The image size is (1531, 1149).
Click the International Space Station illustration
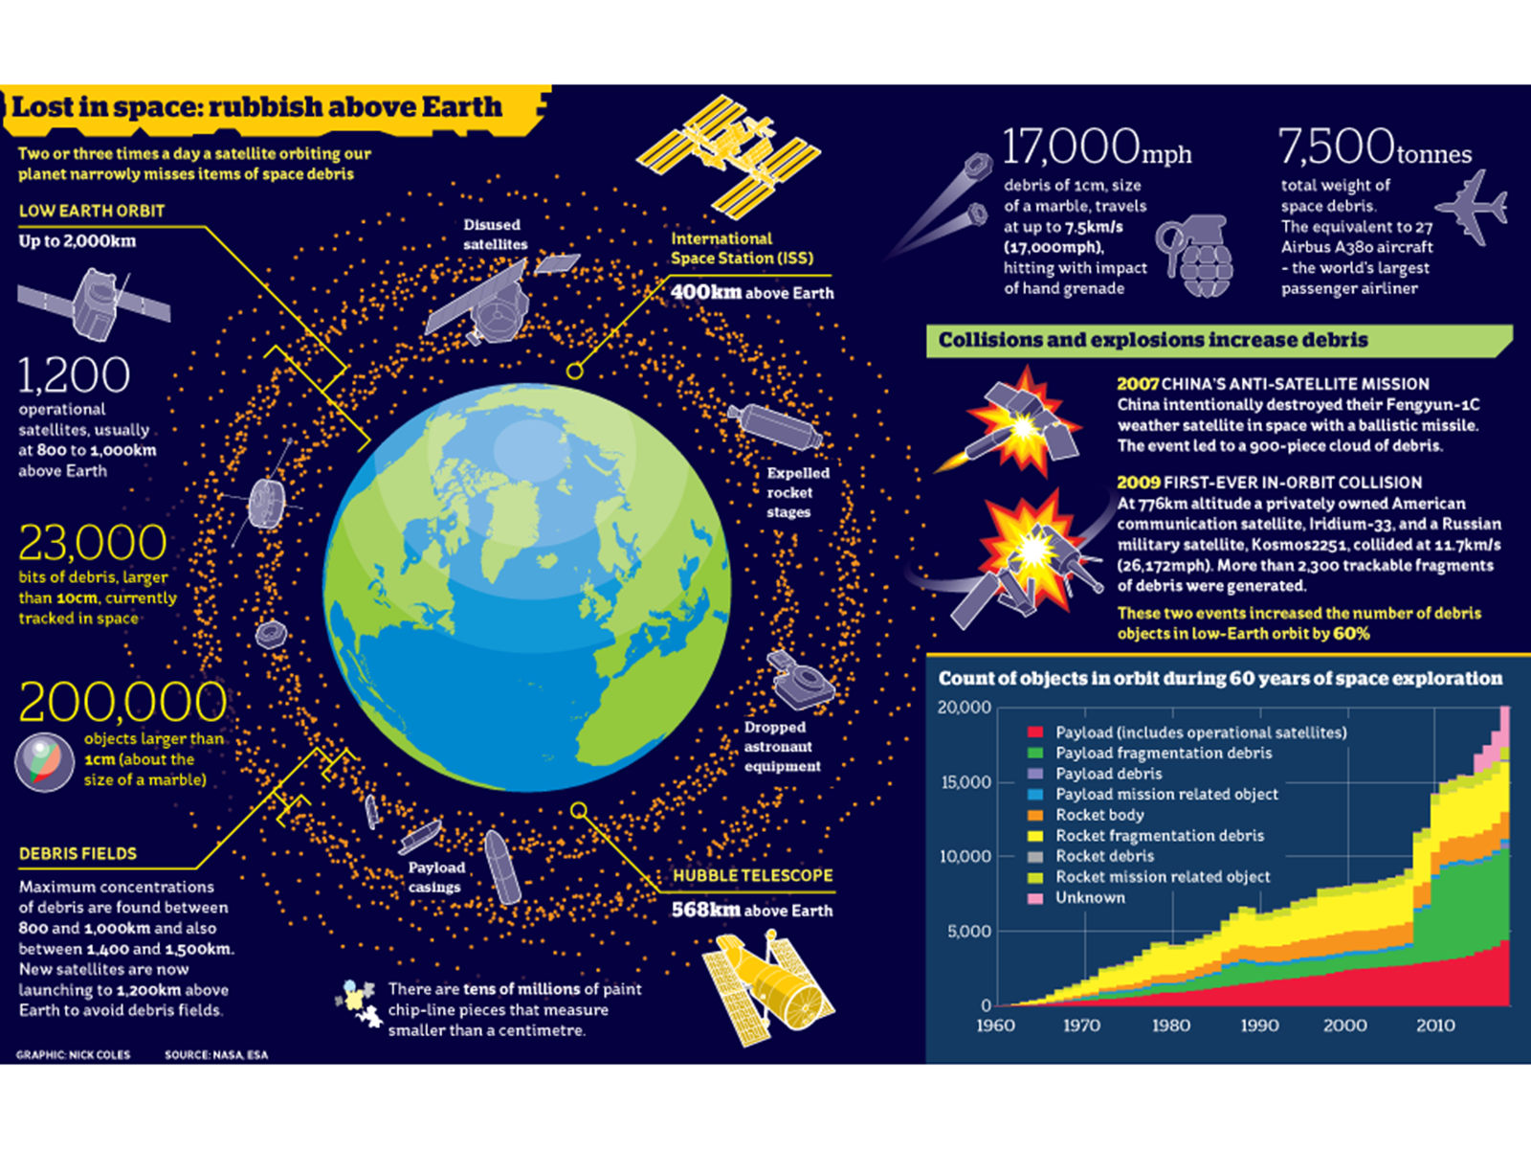pos(728,155)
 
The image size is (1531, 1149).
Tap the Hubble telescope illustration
pos(768,989)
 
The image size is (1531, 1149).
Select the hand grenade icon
pos(1196,257)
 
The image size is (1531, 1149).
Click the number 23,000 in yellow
pos(93,543)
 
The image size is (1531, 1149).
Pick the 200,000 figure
pos(122,702)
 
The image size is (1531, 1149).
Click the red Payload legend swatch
pos(1034,732)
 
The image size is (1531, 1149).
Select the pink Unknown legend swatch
pos(1034,898)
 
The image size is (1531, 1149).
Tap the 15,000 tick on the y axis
pos(965,782)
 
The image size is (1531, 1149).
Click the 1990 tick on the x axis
pos(1259,1025)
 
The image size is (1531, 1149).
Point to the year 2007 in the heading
pos(1138,384)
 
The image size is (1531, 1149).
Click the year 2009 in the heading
pos(1138,483)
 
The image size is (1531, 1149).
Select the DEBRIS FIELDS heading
pos(78,853)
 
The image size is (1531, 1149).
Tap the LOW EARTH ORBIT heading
pos(92,211)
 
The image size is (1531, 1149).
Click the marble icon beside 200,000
pos(44,761)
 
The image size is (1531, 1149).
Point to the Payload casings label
pos(435,877)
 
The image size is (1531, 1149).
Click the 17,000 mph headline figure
pos(1096,148)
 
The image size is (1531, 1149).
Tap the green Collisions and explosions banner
pos(1215,341)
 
